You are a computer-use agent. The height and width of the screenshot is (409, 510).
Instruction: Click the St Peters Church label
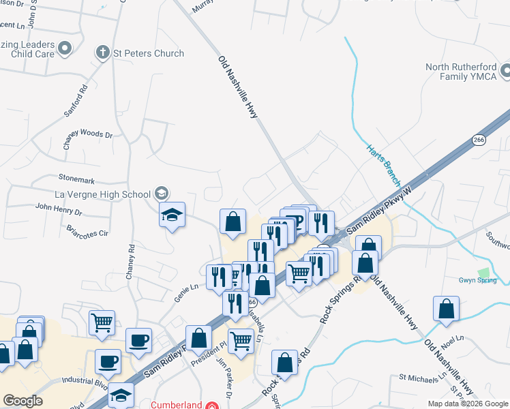click(x=149, y=53)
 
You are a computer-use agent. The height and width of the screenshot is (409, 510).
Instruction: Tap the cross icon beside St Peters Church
click(x=102, y=52)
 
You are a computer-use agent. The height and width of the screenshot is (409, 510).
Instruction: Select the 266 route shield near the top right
click(x=478, y=140)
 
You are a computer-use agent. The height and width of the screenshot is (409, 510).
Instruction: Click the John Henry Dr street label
click(x=58, y=206)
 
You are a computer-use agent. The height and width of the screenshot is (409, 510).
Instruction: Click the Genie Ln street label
click(x=185, y=287)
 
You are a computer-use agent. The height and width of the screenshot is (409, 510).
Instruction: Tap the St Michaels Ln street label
click(x=423, y=376)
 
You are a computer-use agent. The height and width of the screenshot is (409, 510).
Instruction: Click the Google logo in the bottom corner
click(x=22, y=401)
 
